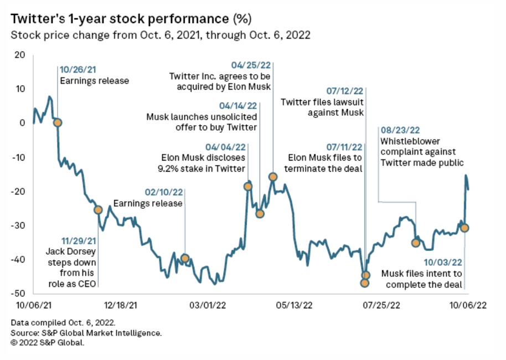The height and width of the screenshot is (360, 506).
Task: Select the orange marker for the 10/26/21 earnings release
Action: point(57,122)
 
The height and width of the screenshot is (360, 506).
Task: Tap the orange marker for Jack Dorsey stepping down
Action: point(98,209)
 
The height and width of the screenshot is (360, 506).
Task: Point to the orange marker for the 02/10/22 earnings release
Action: point(185,258)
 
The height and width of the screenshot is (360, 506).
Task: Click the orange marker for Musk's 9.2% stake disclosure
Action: point(249,186)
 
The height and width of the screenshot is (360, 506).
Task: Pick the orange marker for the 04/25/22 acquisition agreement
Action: point(272,177)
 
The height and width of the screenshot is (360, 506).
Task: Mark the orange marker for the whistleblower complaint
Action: point(416,243)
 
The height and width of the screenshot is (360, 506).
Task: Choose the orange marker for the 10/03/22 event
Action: point(465,228)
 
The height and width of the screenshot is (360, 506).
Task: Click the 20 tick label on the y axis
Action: point(20,55)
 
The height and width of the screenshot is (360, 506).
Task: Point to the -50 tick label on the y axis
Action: point(19,293)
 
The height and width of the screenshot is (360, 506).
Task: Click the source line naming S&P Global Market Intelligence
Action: point(86,333)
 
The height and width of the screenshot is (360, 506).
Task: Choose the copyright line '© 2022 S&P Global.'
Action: point(47,343)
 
